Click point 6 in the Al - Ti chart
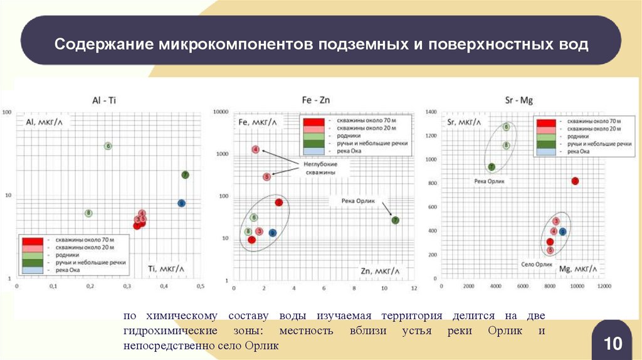[x=108, y=146]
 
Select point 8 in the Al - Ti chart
[x=89, y=213]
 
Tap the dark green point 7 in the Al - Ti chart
[x=186, y=175]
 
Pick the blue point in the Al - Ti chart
[x=181, y=203]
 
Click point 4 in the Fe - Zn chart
[x=256, y=149]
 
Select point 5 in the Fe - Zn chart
[x=266, y=177]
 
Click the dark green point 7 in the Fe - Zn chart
[x=396, y=220]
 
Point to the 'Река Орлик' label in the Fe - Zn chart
[x=357, y=201]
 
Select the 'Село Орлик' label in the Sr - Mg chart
[x=537, y=264]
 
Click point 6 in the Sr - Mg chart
[x=506, y=127]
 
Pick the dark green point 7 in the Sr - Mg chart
[x=492, y=167]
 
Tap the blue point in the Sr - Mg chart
[x=562, y=231]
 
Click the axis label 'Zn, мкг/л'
[x=379, y=271]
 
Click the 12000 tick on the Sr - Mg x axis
[x=603, y=286]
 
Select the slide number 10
[x=613, y=343]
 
